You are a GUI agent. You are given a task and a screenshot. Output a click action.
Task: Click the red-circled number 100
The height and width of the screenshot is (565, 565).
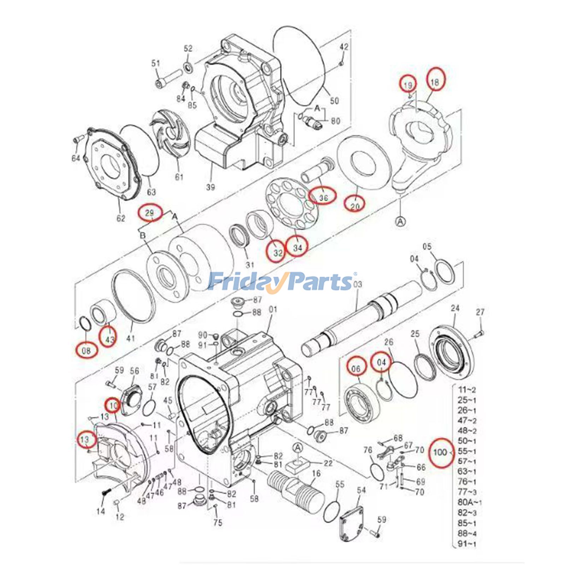440,452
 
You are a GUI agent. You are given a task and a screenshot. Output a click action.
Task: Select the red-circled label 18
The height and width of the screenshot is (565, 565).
435,82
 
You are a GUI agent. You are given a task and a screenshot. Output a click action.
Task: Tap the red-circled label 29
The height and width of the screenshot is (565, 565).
150,213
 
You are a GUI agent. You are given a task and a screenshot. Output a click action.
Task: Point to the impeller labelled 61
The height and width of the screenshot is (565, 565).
171,135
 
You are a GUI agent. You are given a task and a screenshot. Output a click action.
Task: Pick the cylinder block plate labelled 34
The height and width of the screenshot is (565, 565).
292,205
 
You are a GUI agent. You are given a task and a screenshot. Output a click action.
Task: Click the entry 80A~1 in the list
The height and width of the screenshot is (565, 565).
469,502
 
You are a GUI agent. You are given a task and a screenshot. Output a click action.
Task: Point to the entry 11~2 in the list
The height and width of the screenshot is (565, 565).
467,390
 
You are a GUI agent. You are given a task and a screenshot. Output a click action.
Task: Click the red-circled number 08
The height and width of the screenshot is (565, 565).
86,351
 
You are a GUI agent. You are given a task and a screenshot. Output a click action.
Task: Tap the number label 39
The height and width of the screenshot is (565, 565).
210,187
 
